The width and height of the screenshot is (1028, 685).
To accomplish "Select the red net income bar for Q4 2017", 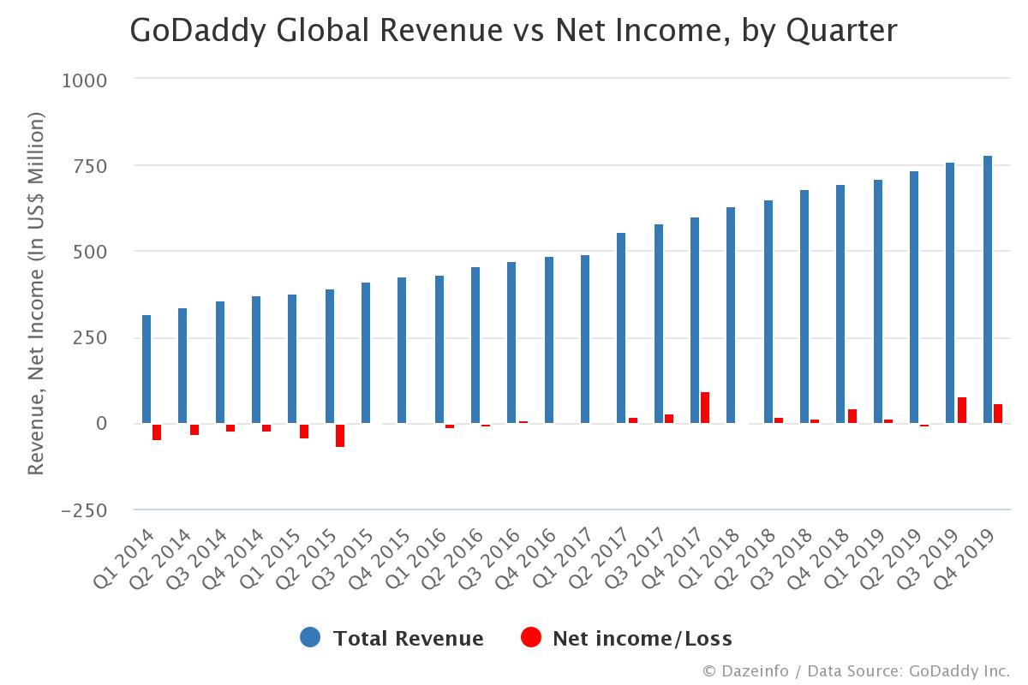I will click(705, 408).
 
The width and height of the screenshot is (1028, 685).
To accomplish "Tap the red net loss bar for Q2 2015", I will click(340, 435).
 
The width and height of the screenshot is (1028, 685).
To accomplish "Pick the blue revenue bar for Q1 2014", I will click(146, 369).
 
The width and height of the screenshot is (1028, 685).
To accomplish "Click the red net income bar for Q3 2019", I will click(962, 410).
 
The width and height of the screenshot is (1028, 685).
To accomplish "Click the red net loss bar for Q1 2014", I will click(157, 432).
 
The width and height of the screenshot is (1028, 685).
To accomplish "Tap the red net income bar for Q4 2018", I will click(852, 416).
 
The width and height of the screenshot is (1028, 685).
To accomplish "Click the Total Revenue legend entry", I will click(392, 638).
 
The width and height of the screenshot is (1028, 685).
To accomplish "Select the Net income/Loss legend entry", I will click(627, 638).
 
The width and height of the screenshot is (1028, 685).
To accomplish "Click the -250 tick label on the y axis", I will click(84, 509).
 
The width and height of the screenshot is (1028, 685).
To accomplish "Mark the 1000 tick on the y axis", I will click(85, 80).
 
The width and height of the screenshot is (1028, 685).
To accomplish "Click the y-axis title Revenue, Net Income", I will click(36, 295).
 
